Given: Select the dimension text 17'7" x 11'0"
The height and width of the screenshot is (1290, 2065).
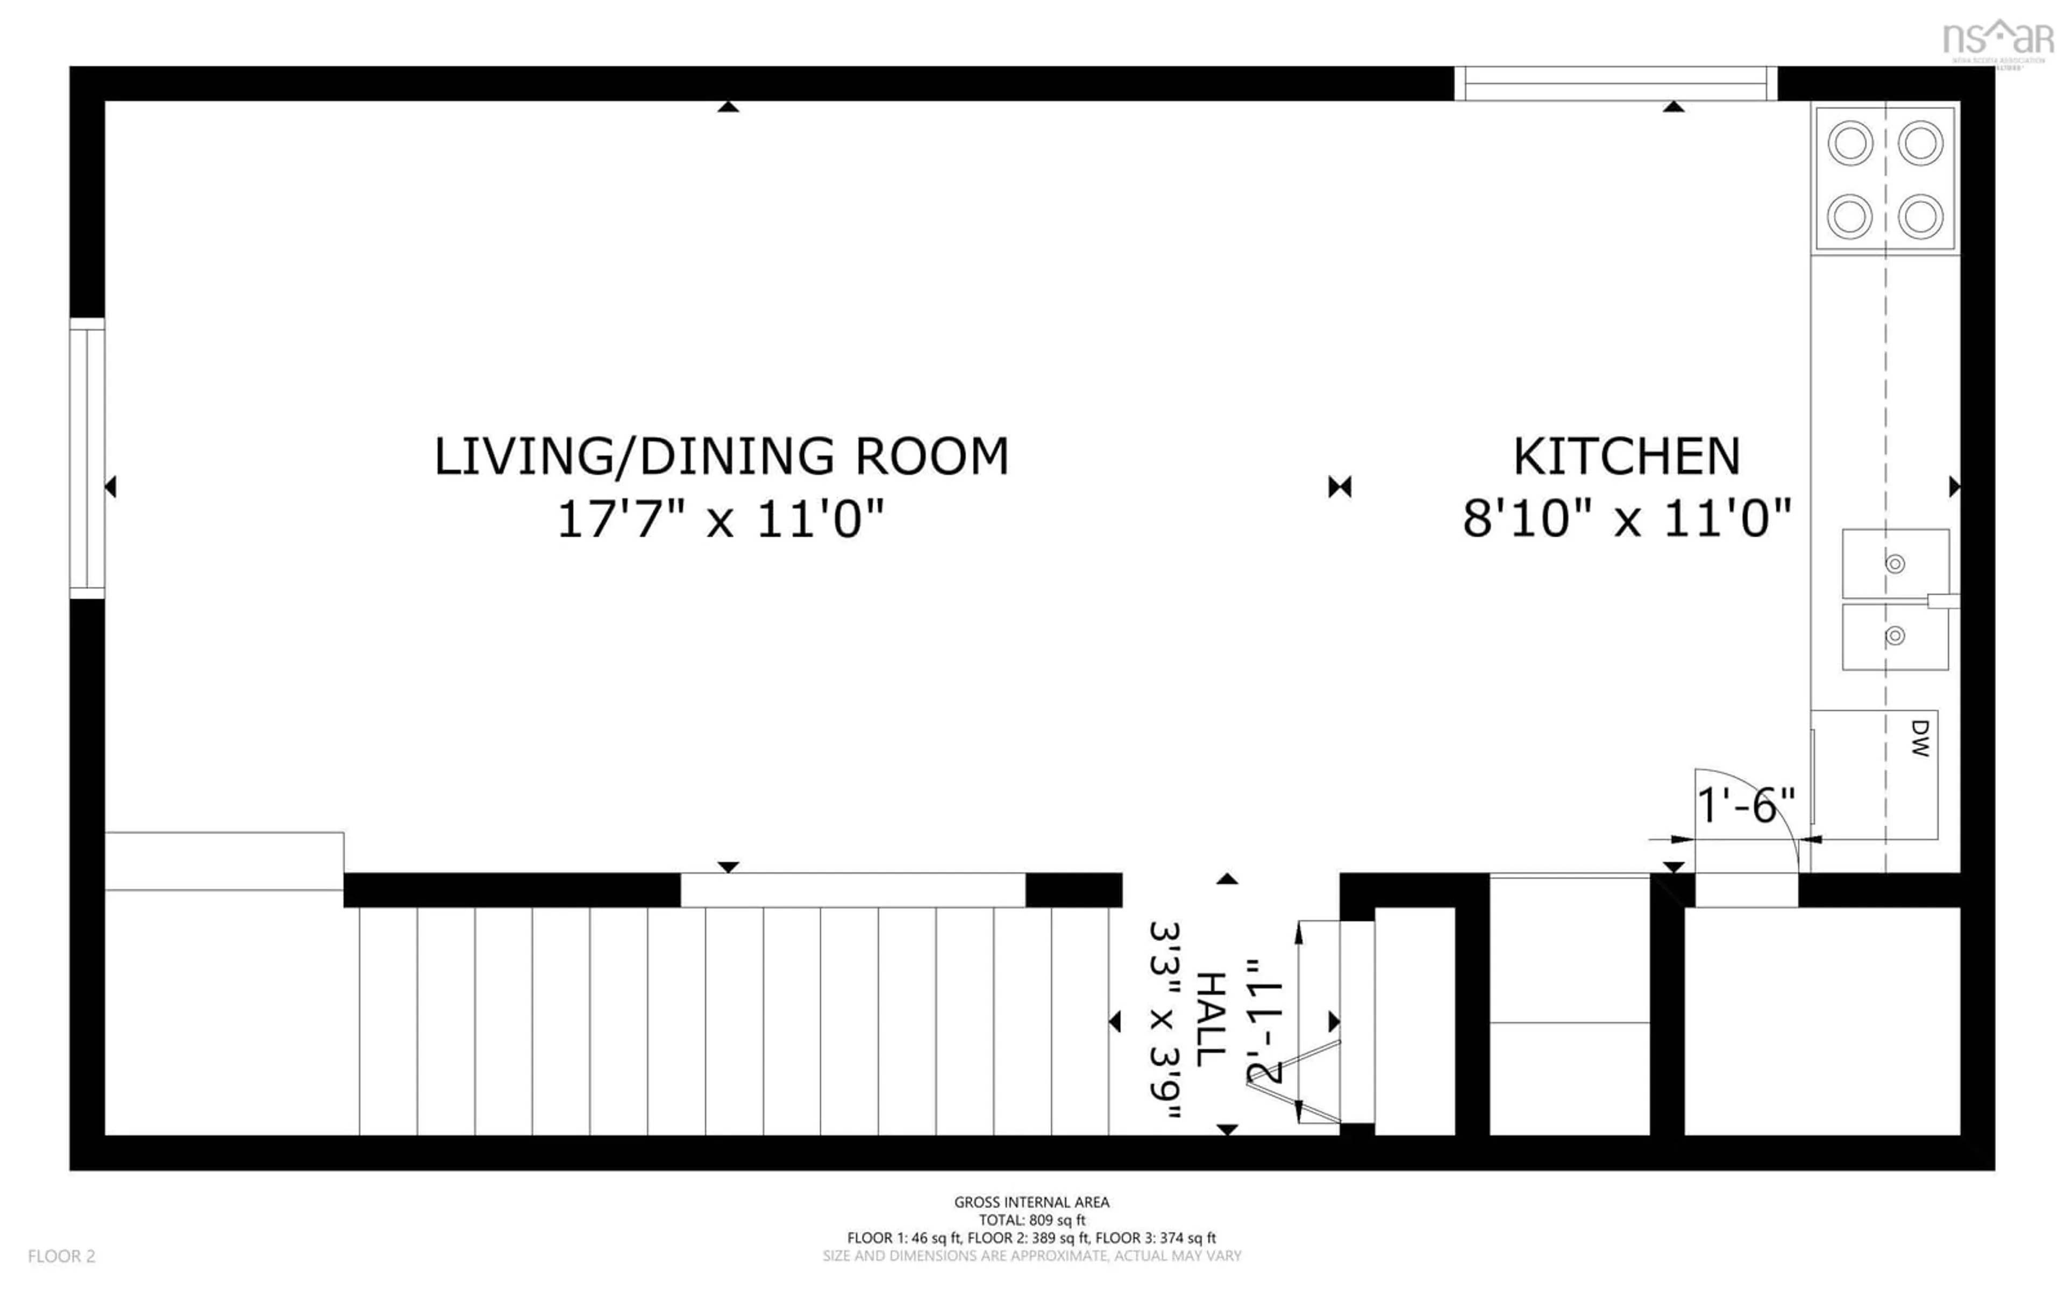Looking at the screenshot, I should click(721, 519).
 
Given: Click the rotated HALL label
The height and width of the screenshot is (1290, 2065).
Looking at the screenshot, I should click(1210, 1020).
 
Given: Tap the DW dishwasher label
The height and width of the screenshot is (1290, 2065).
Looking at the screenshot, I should click(1920, 738).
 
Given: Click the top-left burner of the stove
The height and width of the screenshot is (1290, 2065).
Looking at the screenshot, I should click(1850, 142).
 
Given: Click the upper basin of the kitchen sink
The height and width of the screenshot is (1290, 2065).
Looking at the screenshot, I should click(1895, 563).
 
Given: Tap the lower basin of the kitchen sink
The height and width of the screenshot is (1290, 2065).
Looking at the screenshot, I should click(1895, 636).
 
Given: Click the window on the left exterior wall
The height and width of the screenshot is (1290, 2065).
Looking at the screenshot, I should click(87, 458).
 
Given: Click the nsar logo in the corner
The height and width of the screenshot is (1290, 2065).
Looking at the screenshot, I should click(1998, 41).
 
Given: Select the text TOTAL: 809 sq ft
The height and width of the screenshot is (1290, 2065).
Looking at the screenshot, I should click(1031, 1220).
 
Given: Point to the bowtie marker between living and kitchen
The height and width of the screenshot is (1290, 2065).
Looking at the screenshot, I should click(1340, 487).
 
